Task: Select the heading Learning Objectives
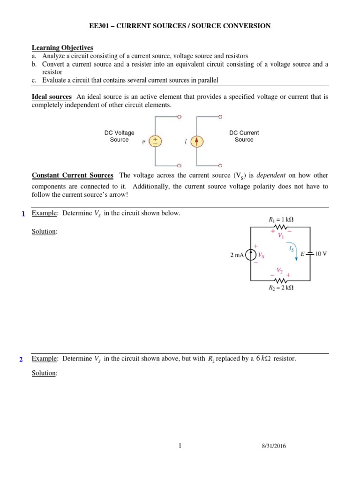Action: (x=62, y=48)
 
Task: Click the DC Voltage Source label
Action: (x=119, y=136)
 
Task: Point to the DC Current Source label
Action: (x=244, y=136)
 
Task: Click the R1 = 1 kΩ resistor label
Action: (x=281, y=218)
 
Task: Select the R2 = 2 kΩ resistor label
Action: (x=280, y=288)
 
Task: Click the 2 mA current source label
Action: (x=238, y=255)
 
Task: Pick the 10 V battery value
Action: (x=321, y=254)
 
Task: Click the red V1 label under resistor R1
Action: (x=280, y=236)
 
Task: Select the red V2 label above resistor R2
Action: (x=280, y=270)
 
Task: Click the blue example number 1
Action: (x=23, y=214)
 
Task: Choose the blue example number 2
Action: (x=21, y=360)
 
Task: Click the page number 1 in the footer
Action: (x=180, y=446)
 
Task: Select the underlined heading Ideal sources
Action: (x=52, y=97)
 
